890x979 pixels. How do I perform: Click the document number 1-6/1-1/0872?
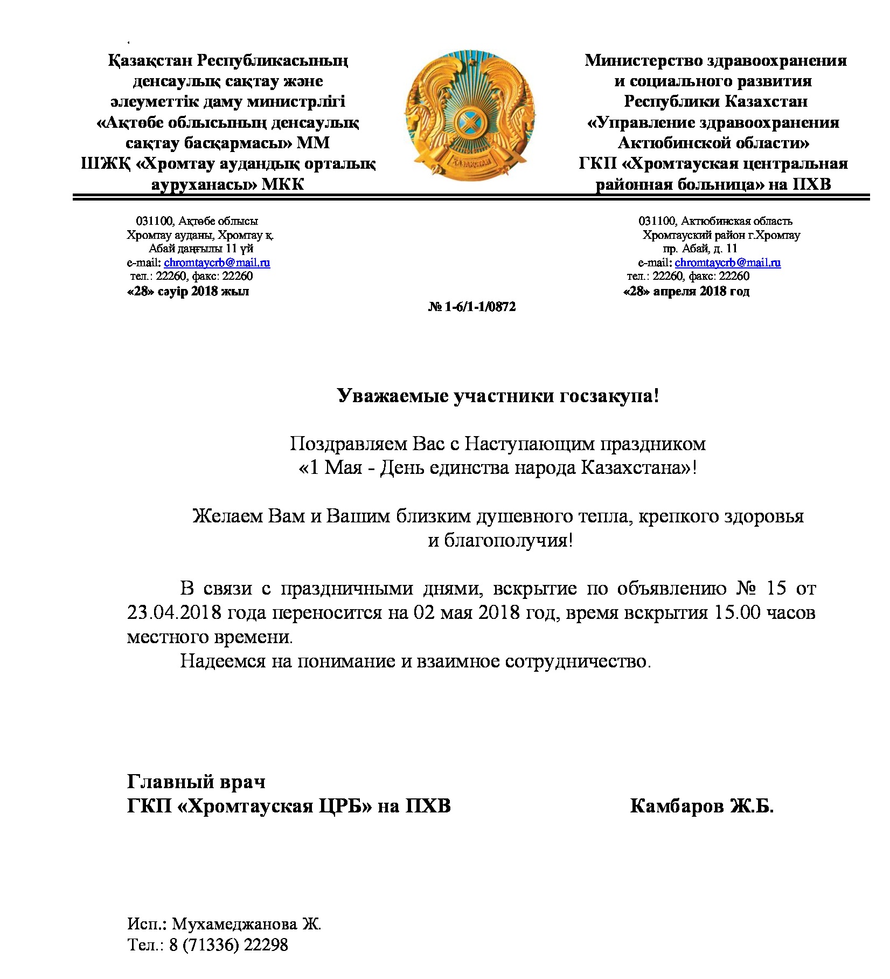472,307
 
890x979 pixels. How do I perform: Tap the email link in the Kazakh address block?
217,263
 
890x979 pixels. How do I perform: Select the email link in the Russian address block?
727,263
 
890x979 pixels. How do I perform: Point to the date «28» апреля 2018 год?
686,292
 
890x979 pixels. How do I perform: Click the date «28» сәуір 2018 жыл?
188,292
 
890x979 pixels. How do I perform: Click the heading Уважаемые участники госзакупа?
498,396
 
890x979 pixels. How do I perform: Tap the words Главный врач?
196,781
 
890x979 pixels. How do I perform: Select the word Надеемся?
223,661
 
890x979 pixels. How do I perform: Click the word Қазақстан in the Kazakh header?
150,60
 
